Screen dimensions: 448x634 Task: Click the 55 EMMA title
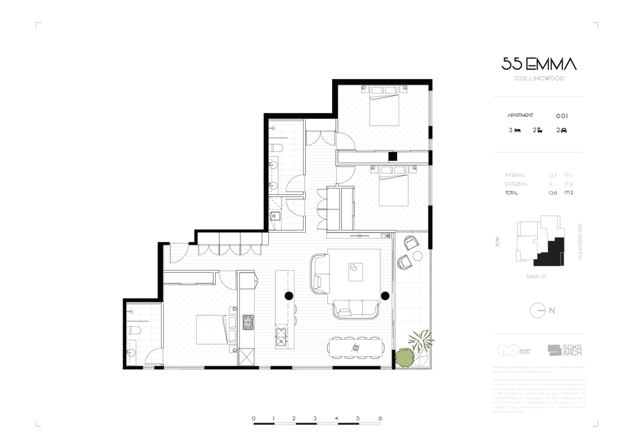click(x=539, y=64)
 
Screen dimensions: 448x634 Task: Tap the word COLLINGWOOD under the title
click(x=539, y=78)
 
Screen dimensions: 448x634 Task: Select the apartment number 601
click(x=562, y=116)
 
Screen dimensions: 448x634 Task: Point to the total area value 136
click(x=552, y=193)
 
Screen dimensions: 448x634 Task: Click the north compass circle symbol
click(x=538, y=310)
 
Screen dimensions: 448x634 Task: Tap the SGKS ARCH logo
click(x=565, y=350)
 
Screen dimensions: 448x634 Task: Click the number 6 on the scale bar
click(x=380, y=419)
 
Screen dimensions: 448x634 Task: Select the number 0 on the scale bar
click(x=254, y=419)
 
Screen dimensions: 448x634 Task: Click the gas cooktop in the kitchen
click(x=248, y=322)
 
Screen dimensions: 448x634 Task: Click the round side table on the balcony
click(x=417, y=255)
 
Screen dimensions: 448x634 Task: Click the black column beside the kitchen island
click(x=289, y=295)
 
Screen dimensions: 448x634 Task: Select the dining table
click(x=355, y=347)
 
